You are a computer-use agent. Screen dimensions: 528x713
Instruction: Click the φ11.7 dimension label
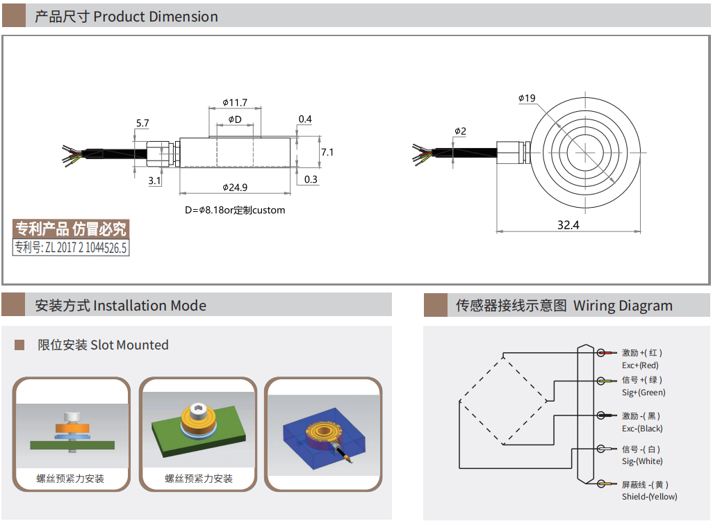pyautogui.click(x=235, y=102)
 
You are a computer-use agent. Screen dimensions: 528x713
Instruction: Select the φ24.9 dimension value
pyautogui.click(x=235, y=187)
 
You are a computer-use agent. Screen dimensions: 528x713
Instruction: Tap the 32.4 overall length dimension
pyautogui.click(x=568, y=224)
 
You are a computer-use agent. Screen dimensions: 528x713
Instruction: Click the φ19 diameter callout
pyautogui.click(x=526, y=99)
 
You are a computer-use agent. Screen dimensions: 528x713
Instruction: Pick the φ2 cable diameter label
pyautogui.click(x=460, y=131)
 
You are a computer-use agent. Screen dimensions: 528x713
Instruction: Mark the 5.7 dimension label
pyautogui.click(x=142, y=123)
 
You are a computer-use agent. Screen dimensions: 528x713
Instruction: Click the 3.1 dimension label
pyautogui.click(x=154, y=181)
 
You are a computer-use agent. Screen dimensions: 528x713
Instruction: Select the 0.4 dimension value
pyautogui.click(x=305, y=119)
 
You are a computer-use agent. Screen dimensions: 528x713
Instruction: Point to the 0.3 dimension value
pyautogui.click(x=311, y=179)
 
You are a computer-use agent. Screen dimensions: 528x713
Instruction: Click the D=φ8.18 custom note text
pyautogui.click(x=235, y=210)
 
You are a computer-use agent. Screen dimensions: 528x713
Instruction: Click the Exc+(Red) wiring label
pyautogui.click(x=640, y=365)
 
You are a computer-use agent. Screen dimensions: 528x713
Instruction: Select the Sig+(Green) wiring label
pyautogui.click(x=644, y=393)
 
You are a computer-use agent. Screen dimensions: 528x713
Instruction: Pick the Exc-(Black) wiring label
pyautogui.click(x=642, y=429)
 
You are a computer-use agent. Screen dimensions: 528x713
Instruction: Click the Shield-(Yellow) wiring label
pyautogui.click(x=649, y=496)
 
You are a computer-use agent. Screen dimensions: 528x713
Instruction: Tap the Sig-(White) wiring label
pyautogui.click(x=642, y=461)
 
